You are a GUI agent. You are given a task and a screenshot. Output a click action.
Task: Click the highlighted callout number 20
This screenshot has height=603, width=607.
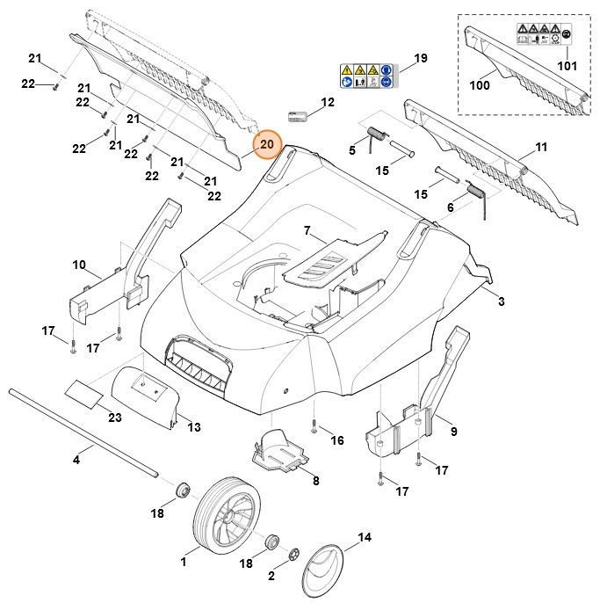266,144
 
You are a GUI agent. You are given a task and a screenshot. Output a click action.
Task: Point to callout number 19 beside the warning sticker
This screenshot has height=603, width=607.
420,59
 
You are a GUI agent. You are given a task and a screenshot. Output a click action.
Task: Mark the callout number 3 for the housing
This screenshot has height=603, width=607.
501,301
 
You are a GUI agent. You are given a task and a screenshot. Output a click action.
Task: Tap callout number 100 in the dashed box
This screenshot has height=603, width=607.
479,86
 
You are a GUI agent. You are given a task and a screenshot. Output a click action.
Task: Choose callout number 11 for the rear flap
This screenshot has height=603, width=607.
540,147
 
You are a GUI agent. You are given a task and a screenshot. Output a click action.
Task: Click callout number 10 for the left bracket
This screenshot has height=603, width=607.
79,265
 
